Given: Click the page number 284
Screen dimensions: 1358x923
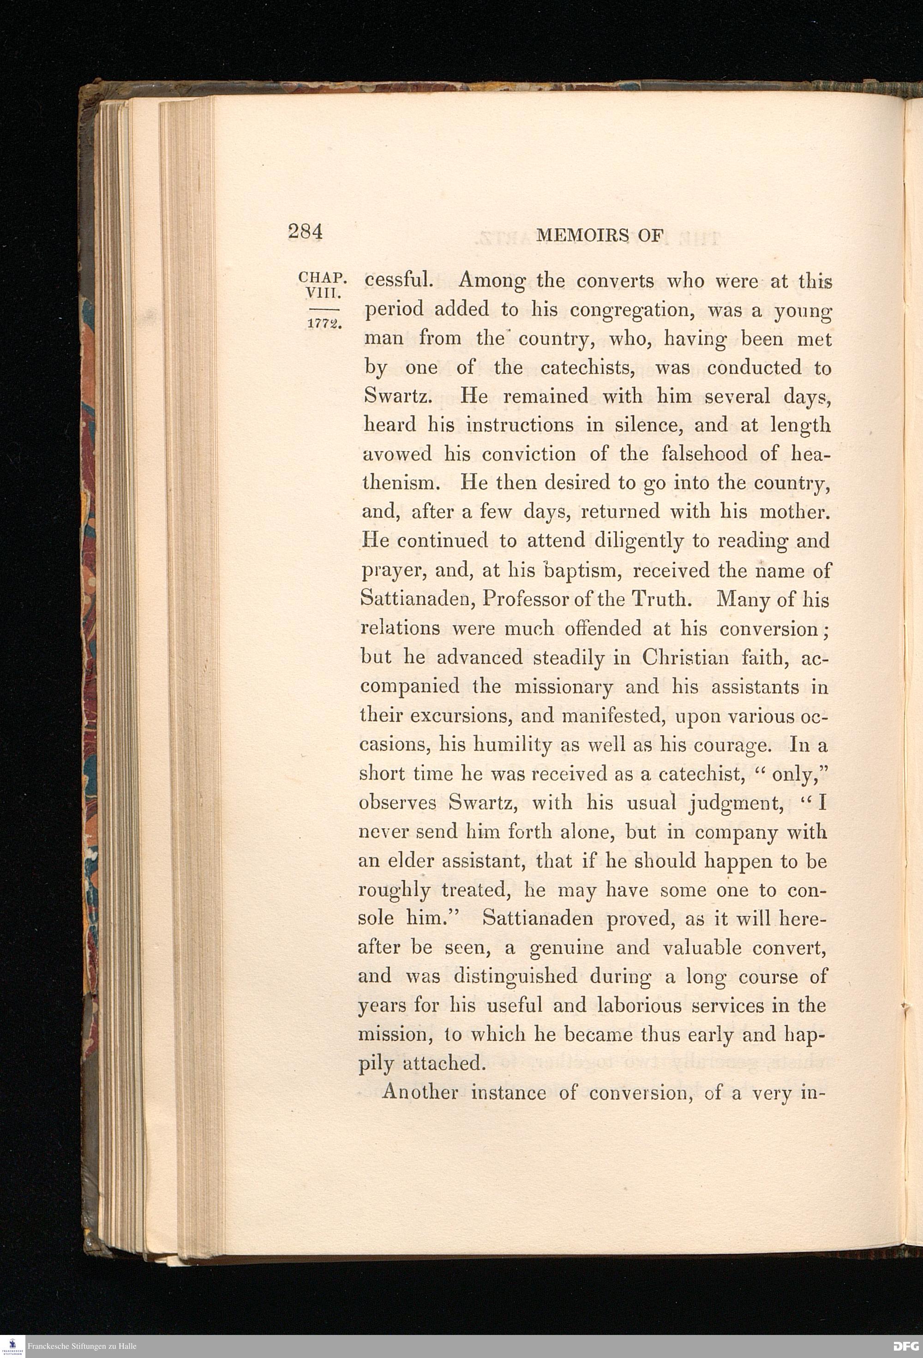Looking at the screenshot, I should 305,232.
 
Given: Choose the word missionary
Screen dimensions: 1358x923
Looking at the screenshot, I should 563,686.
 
